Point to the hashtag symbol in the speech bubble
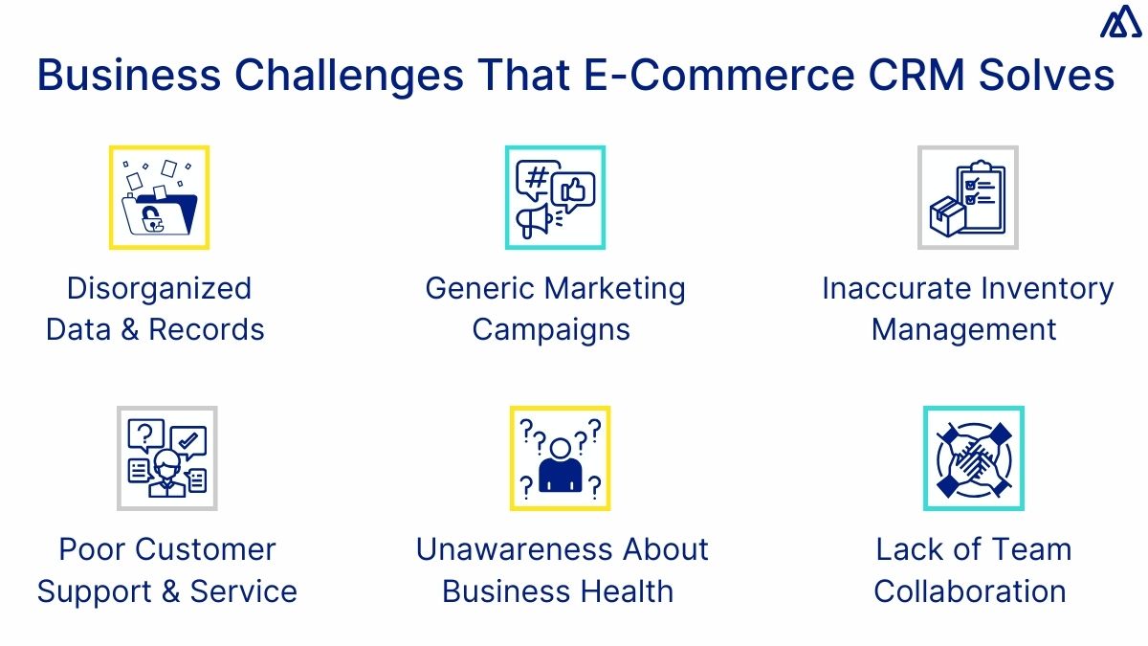537,179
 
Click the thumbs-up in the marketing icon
574,190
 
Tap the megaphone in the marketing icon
534,221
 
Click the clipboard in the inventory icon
982,196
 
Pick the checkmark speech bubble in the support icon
188,442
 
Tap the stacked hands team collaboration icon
973,457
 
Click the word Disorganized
159,288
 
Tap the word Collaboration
970,590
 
